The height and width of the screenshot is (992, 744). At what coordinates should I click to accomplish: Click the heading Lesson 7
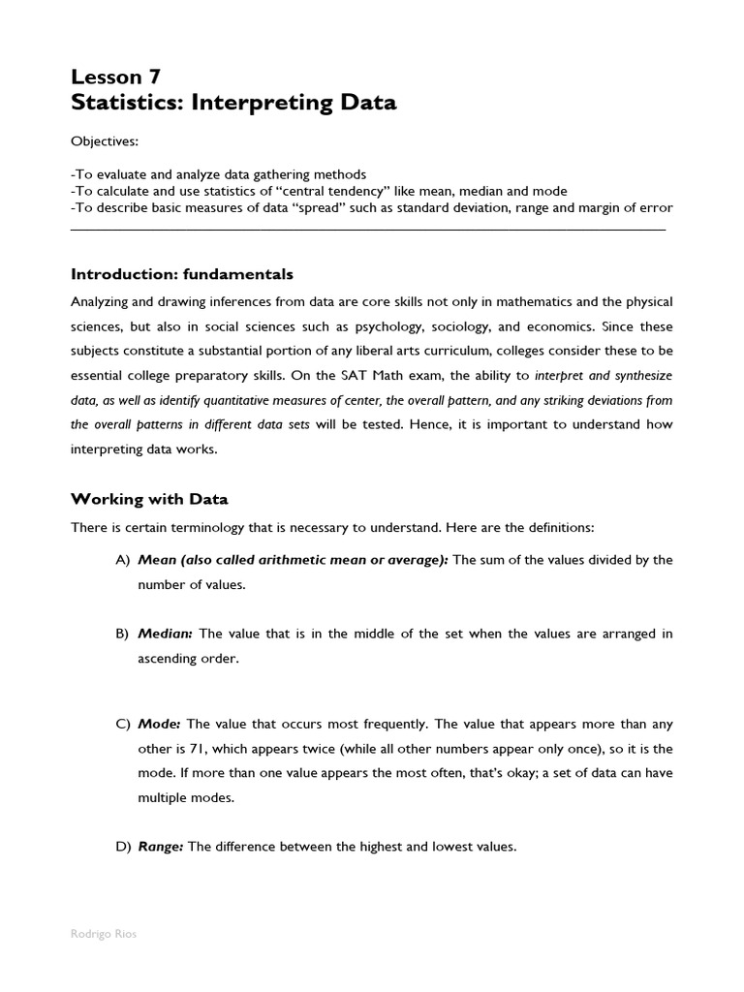(x=116, y=77)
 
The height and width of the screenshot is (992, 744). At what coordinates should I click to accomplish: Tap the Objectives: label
(x=105, y=142)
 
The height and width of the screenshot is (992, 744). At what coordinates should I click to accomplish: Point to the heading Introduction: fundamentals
(x=182, y=274)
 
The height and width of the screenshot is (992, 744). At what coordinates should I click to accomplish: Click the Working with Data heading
(x=150, y=499)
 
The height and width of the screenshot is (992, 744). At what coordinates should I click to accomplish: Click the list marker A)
(x=122, y=560)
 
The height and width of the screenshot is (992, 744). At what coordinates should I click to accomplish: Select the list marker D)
(x=122, y=847)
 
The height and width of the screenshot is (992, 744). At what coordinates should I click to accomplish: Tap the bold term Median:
(x=166, y=634)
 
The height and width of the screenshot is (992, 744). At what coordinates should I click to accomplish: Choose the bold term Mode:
(x=160, y=725)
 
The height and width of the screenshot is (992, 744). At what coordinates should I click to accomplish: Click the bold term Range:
(x=161, y=847)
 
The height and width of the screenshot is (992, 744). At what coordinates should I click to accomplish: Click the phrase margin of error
(x=628, y=207)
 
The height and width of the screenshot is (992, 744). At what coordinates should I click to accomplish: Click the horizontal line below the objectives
(x=368, y=230)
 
